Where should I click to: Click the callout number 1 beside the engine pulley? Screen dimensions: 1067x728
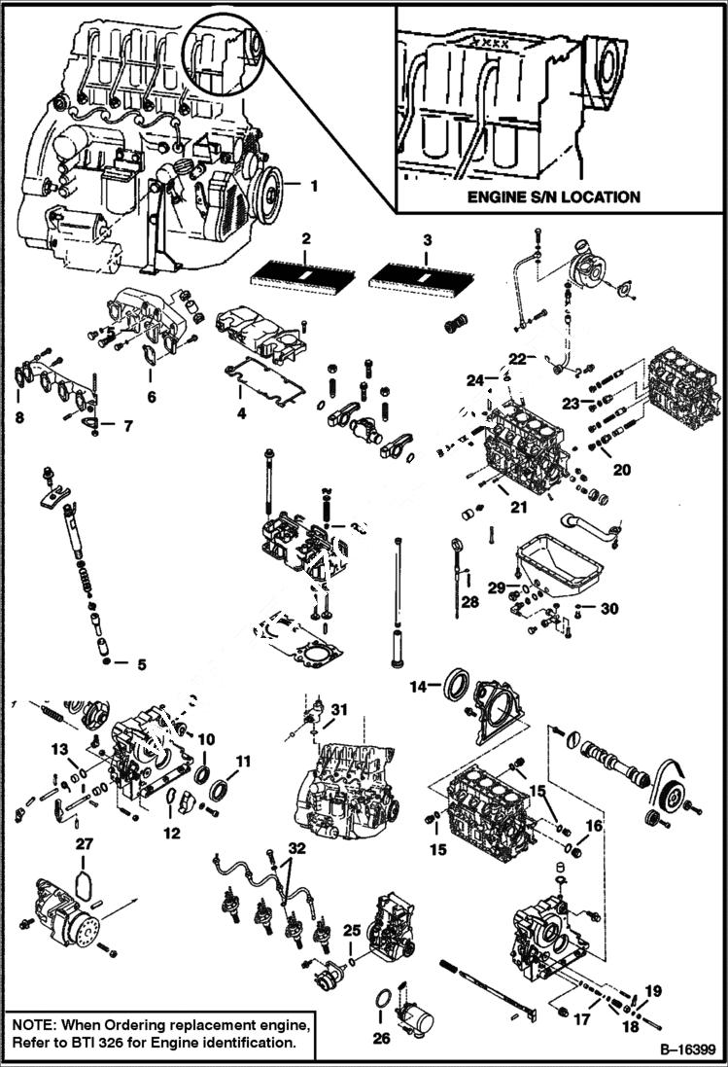(x=314, y=183)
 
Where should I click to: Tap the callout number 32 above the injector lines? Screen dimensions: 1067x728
(x=295, y=848)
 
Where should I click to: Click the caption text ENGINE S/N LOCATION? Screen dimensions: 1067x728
(x=553, y=196)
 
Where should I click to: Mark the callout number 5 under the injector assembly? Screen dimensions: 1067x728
(x=141, y=665)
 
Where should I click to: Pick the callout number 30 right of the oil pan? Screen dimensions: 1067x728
(x=609, y=609)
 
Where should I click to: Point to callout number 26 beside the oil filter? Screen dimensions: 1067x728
(x=382, y=1039)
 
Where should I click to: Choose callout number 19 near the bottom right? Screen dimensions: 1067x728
(x=653, y=991)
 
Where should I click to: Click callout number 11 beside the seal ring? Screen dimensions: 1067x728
(x=243, y=761)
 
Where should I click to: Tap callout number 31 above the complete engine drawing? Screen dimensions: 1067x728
(x=337, y=708)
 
